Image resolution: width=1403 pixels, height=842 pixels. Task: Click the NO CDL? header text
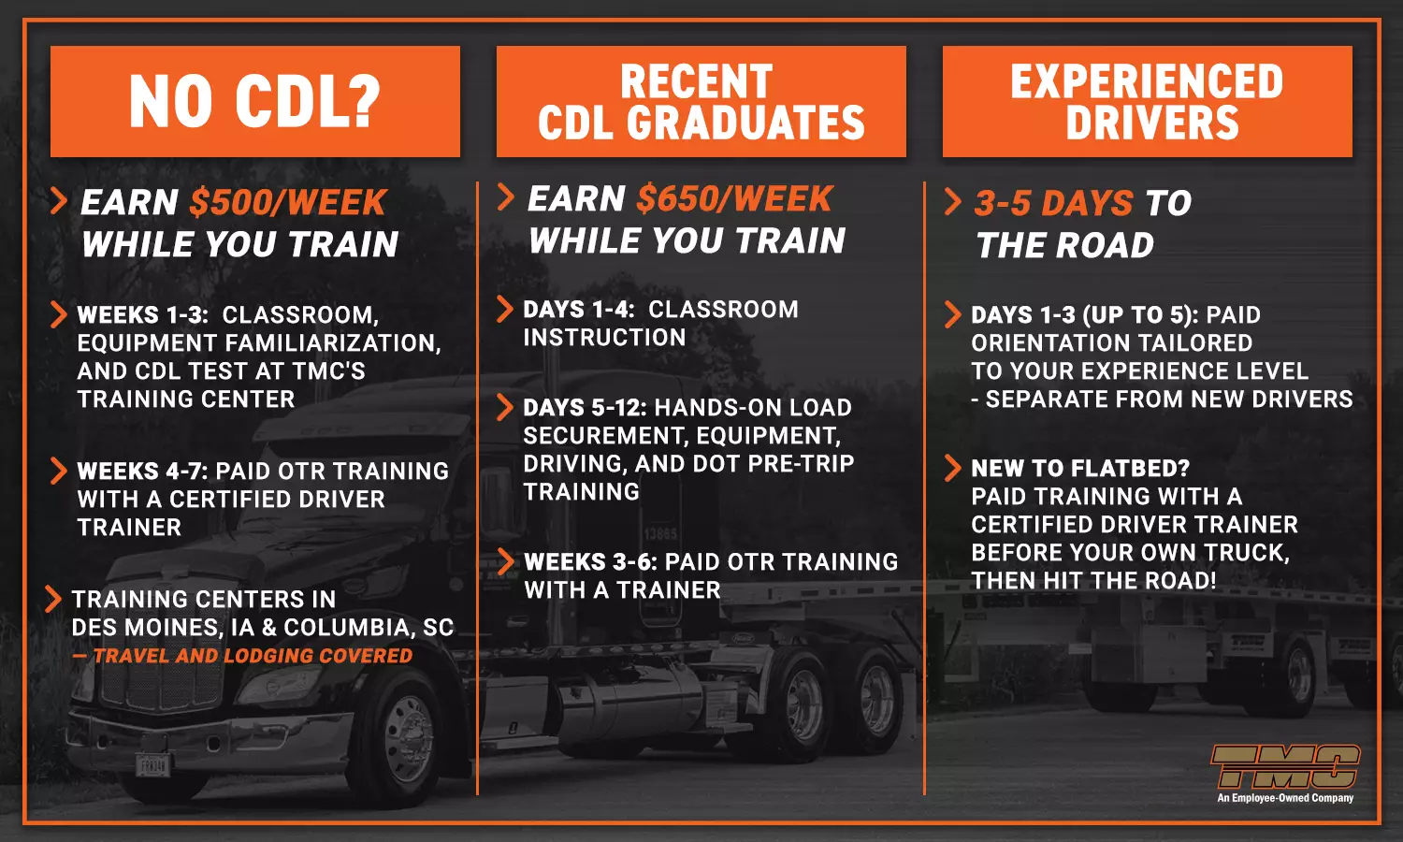254,101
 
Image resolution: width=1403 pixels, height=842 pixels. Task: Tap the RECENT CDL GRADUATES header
701,101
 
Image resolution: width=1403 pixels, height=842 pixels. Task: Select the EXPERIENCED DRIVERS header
1147,101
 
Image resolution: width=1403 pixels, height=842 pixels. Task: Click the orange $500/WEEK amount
287,202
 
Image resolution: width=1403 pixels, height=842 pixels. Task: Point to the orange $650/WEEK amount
734,198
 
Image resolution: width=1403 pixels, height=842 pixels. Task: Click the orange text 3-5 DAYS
1053,203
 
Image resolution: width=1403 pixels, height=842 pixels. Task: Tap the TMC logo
1285,765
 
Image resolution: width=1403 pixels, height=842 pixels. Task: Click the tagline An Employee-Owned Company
1285,798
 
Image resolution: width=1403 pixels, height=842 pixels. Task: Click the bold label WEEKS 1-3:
143,314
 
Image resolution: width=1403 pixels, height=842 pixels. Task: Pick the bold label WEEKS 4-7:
143,472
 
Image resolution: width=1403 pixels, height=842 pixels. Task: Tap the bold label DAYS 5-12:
585,408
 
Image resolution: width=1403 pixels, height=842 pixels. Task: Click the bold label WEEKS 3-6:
590,562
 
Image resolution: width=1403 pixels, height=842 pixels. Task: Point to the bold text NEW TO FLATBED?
1080,468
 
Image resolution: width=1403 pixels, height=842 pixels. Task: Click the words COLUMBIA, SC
369,628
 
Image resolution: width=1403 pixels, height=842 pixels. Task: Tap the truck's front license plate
152,765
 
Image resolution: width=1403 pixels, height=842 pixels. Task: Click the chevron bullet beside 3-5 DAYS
953,202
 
